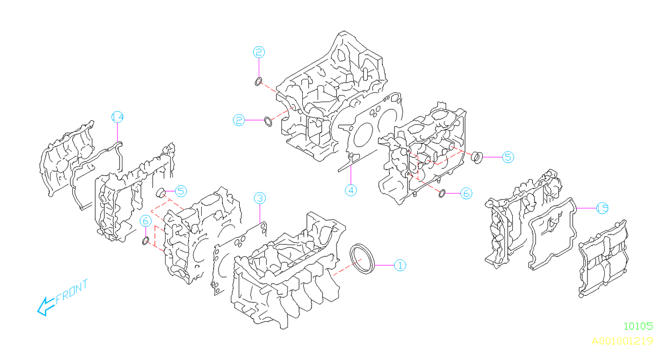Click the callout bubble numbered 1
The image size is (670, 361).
[400, 265]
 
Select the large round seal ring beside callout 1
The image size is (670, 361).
[362, 258]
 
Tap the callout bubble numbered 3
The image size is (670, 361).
[260, 198]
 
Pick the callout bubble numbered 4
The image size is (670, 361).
[351, 190]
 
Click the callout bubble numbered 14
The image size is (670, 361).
[118, 117]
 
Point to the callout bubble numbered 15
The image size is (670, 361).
[602, 208]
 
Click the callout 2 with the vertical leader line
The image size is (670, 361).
[259, 52]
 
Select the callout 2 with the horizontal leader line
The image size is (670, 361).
[239, 121]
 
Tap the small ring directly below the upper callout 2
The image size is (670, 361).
[258, 82]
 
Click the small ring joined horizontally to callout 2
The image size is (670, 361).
[268, 122]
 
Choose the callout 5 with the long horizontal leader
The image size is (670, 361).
[508, 157]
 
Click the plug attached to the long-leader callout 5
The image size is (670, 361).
[476, 157]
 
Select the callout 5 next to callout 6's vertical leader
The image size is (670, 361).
[180, 190]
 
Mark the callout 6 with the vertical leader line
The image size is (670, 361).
[146, 221]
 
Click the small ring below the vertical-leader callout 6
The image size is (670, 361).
[146, 240]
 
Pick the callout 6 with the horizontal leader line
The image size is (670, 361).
[466, 193]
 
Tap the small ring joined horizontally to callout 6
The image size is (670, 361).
[442, 193]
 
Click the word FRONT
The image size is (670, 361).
[72, 292]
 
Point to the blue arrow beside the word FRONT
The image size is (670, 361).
[45, 307]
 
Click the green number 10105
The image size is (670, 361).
[638, 326]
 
